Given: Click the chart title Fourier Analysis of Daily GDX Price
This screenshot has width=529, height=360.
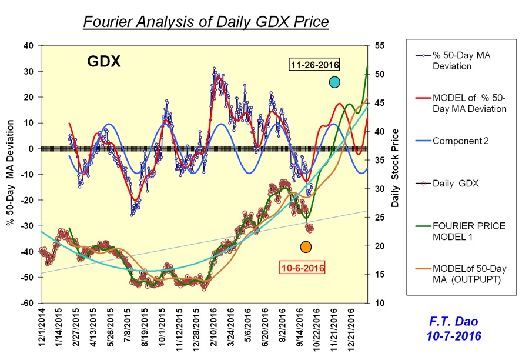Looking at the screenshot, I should point(205,22).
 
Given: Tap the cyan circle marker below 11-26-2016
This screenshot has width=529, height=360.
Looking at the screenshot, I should point(334,82).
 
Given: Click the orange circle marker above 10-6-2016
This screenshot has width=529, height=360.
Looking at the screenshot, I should point(306,246).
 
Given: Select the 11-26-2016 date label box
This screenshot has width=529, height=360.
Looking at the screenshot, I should point(314,65).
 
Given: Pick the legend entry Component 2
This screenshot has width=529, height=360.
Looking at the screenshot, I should point(461,141).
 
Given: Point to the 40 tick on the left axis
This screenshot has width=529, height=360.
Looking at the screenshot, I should point(28,46).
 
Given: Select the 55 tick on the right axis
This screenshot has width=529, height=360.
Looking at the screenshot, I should point(379,46).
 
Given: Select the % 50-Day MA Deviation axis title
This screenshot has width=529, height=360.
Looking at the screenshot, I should point(10,174).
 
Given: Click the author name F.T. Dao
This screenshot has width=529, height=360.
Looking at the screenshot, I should point(458,322).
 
